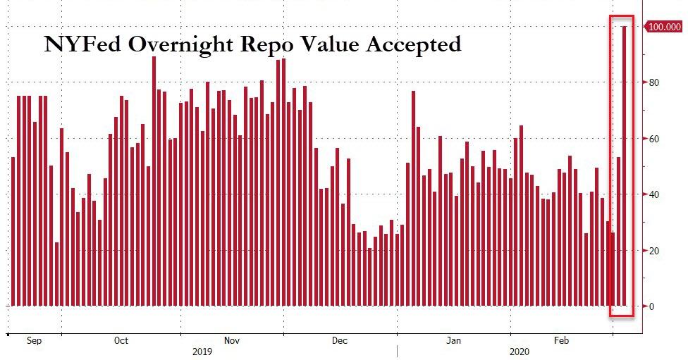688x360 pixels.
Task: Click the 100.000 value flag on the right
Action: point(664,27)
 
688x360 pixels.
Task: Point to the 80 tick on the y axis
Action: point(654,82)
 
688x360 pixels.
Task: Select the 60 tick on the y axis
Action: point(654,139)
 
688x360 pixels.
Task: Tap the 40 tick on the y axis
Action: point(654,194)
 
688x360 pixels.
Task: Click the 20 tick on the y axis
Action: point(654,251)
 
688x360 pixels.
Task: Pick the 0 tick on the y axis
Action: point(652,306)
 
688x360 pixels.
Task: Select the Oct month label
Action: point(121,341)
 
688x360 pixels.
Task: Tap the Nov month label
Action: point(232,341)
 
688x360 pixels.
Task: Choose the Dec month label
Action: point(340,341)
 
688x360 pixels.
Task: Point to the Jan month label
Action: point(453,341)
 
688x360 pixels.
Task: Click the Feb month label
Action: point(561,341)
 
